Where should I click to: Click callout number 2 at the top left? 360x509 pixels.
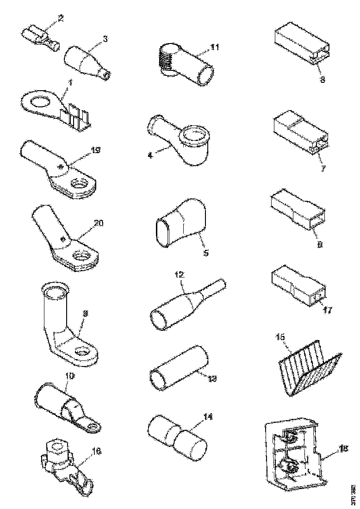pos(60,19)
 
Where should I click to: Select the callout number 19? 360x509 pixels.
pos(96,149)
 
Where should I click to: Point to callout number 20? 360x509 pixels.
pos(99,223)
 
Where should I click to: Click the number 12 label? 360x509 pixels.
pos(179,275)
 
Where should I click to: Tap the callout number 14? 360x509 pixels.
pos(209,417)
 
